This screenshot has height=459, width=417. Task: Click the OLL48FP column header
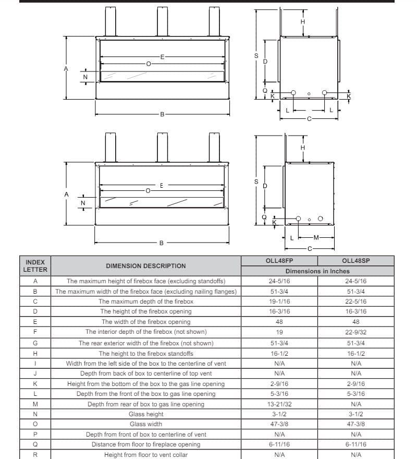(279, 261)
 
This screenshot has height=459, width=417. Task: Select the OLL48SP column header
(356, 261)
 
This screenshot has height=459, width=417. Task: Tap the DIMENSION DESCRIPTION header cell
(146, 265)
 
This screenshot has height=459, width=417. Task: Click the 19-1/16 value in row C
(279, 301)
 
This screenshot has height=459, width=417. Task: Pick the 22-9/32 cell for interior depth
(356, 332)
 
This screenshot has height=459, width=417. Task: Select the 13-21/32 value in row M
(279, 404)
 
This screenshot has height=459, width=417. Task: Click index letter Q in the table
(35, 444)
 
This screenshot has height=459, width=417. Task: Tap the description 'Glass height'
(146, 414)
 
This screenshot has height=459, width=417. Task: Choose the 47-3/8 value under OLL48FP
(279, 424)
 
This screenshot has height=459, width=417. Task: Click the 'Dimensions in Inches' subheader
(317, 271)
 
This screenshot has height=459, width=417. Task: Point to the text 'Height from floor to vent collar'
(146, 455)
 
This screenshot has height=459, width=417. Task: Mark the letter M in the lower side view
(316, 238)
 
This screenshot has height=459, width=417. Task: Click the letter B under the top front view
(162, 114)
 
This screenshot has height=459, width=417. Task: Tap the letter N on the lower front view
(82, 202)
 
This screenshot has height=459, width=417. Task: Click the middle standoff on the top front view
(163, 21)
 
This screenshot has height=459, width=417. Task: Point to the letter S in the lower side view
(256, 182)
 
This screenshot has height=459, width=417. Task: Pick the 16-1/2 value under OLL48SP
(356, 353)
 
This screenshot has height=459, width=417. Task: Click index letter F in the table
(35, 332)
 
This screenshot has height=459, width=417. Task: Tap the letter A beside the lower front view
(66, 194)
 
